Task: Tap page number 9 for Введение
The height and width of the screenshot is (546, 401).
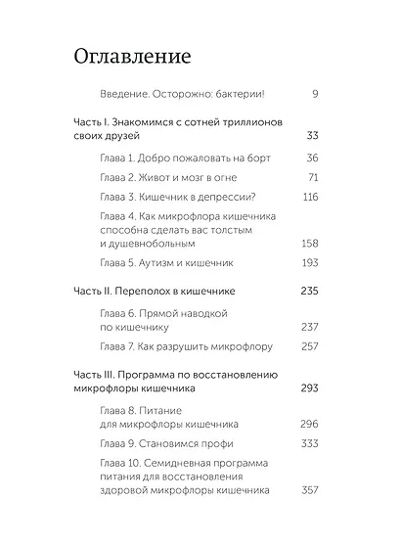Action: tap(315, 94)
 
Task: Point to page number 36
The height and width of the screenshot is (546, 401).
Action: tap(311, 158)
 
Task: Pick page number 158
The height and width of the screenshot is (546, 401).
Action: tap(310, 243)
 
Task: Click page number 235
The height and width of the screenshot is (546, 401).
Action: tap(309, 291)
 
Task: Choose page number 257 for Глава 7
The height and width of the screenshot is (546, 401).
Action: tap(309, 346)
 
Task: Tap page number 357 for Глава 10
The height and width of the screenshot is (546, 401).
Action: tap(309, 490)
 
